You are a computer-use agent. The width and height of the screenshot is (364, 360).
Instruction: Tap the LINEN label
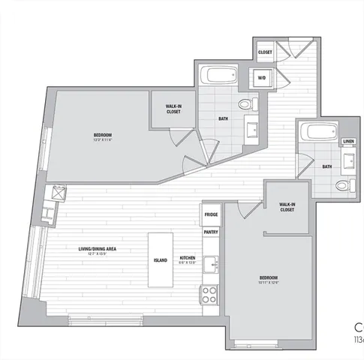point(347,141)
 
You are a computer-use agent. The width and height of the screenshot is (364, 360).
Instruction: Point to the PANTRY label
point(210,232)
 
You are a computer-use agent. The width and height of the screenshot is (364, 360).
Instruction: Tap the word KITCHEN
point(187,259)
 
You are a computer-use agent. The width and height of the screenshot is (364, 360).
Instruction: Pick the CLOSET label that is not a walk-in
point(265,52)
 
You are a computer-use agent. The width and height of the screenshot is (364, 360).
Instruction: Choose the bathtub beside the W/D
point(219,76)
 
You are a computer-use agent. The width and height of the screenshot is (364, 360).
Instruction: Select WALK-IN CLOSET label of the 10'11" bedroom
point(286,206)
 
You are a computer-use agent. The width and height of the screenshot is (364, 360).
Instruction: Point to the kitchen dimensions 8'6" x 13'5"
point(187,263)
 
